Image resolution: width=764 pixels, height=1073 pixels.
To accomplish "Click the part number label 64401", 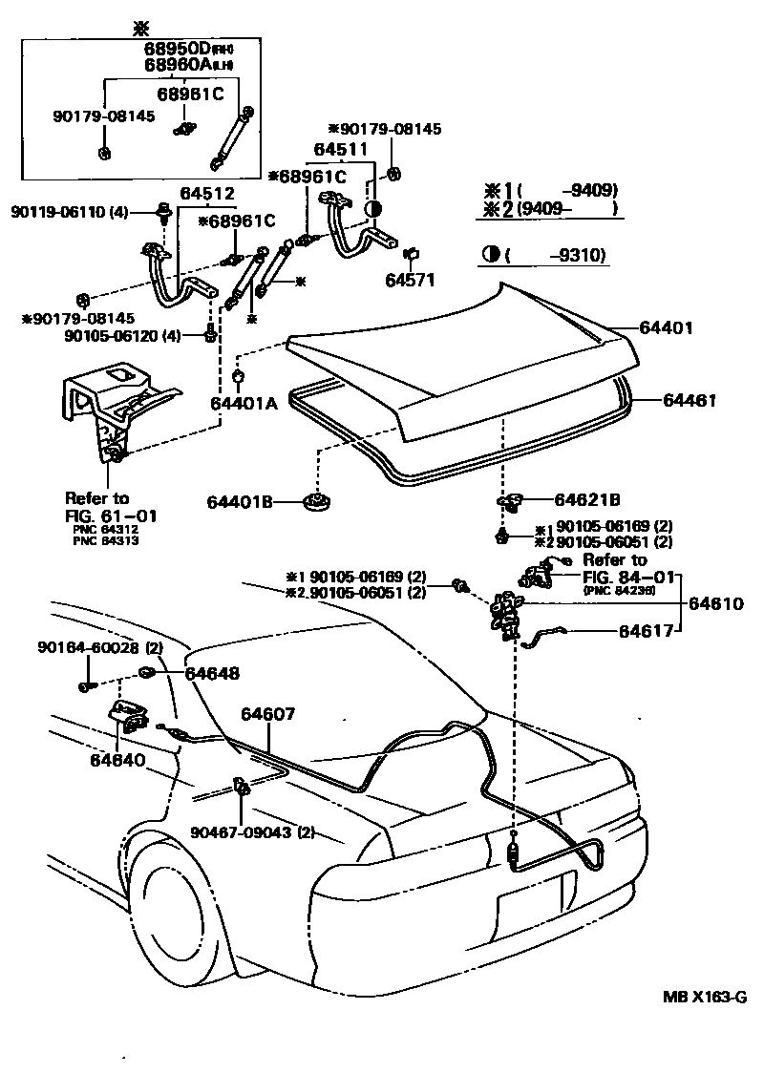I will tap(666, 327).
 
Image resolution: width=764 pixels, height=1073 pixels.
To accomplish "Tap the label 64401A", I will tap(244, 403).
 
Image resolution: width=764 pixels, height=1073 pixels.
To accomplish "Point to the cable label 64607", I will tap(268, 714).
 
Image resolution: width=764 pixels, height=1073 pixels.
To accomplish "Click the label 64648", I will tap(212, 674).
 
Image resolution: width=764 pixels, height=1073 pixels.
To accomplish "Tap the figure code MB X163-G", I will tap(705, 998).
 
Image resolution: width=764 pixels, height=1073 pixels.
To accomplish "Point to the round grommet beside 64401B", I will tap(314, 500).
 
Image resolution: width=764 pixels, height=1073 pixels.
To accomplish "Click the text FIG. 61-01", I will tap(111, 515).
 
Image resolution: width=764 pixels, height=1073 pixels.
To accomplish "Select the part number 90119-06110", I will tap(59, 211).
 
